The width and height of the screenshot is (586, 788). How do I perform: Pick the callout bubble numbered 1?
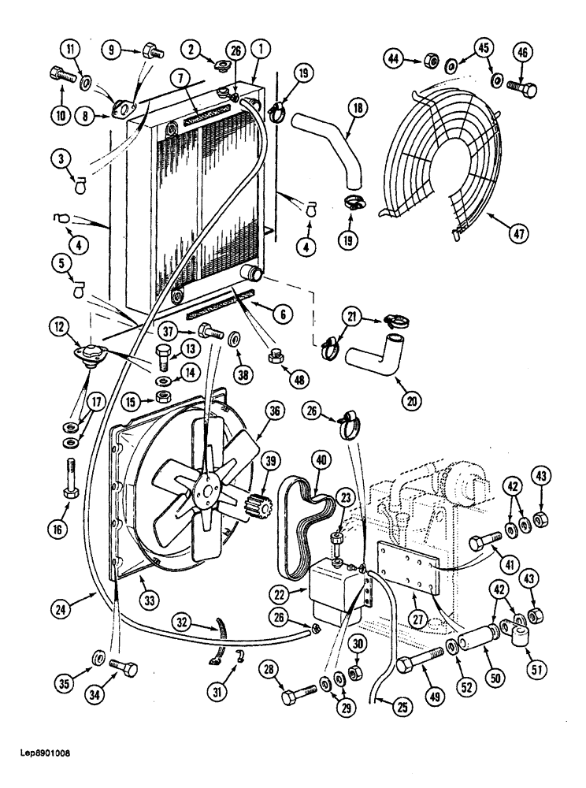pos(258,49)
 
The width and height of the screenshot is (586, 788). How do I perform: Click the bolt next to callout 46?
pos(522,88)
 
